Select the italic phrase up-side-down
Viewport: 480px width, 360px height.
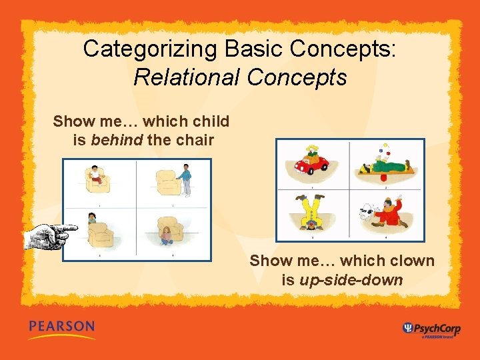[351, 280]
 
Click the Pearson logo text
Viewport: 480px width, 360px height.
[61, 327]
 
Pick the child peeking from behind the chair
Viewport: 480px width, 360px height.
[92, 218]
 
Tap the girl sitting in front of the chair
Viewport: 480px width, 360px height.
[165, 235]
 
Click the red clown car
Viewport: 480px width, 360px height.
[312, 164]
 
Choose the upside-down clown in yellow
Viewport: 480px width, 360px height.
[311, 212]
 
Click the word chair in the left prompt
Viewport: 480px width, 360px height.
[194, 141]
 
